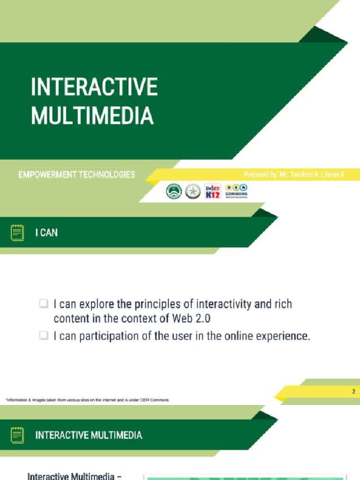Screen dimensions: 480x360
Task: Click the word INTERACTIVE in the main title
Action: click(94, 88)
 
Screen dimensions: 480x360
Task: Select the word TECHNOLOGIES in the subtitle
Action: click(107, 175)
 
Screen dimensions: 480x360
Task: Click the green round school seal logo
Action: click(174, 191)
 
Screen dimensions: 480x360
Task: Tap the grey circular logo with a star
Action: click(193, 191)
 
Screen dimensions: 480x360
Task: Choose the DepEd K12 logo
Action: click(213, 191)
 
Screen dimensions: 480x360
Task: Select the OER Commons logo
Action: click(237, 190)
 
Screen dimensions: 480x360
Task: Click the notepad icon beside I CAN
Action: click(17, 232)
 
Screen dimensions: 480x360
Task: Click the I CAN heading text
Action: click(46, 232)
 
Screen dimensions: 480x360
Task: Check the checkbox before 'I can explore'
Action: click(44, 305)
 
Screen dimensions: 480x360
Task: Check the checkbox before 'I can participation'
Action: click(44, 336)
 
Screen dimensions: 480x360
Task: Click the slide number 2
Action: click(353, 392)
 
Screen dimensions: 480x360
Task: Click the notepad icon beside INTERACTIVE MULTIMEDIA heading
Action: click(17, 435)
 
